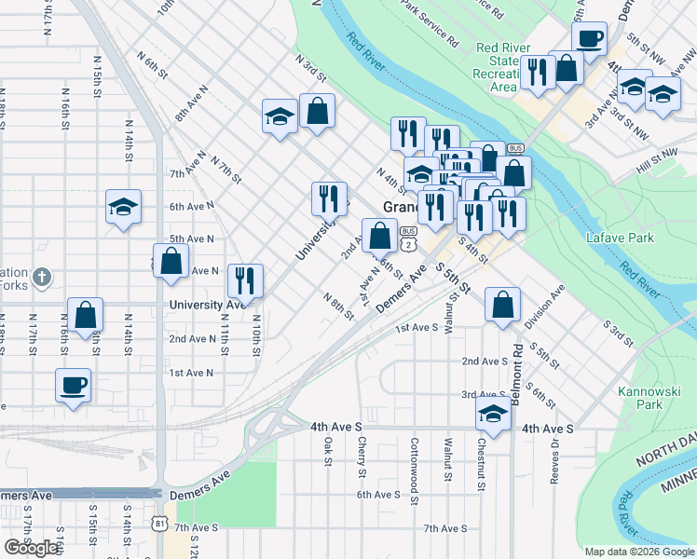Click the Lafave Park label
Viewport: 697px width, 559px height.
(x=621, y=239)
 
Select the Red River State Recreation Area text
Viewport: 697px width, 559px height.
(x=503, y=67)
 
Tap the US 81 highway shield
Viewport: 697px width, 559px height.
(x=160, y=523)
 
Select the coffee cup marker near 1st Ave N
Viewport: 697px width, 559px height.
(x=74, y=384)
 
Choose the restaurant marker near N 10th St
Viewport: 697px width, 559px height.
(x=245, y=279)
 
